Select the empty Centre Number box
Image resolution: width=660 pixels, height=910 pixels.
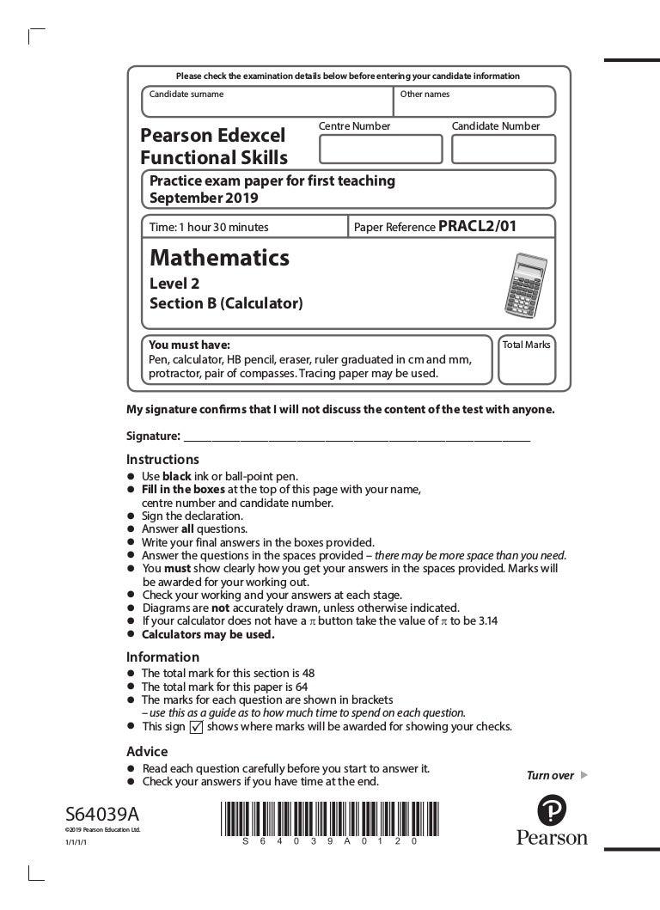pyautogui.click(x=380, y=149)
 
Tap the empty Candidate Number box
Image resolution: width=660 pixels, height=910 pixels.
pyautogui.click(x=503, y=149)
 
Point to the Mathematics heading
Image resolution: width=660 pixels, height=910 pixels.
pyautogui.click(x=219, y=258)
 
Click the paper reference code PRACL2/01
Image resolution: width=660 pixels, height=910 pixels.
pyautogui.click(x=478, y=227)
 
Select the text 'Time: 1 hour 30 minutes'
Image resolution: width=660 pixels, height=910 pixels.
pyautogui.click(x=209, y=228)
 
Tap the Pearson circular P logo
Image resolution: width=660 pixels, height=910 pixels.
pyautogui.click(x=552, y=810)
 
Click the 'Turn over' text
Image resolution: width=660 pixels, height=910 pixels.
pyautogui.click(x=550, y=775)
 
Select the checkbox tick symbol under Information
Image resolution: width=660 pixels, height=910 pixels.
pyautogui.click(x=195, y=726)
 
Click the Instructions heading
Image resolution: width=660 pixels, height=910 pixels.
pyautogui.click(x=162, y=460)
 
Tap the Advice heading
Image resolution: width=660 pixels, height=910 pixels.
pyautogui.click(x=147, y=751)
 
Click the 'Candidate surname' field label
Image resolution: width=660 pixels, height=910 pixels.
pyautogui.click(x=186, y=95)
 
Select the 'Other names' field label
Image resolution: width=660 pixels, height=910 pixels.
pyautogui.click(x=425, y=95)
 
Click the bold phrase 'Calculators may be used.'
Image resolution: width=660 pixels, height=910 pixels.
pyautogui.click(x=208, y=635)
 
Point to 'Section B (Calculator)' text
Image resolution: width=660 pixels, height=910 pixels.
pyautogui.click(x=226, y=303)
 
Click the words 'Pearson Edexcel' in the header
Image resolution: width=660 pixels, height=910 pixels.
pyautogui.click(x=212, y=136)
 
